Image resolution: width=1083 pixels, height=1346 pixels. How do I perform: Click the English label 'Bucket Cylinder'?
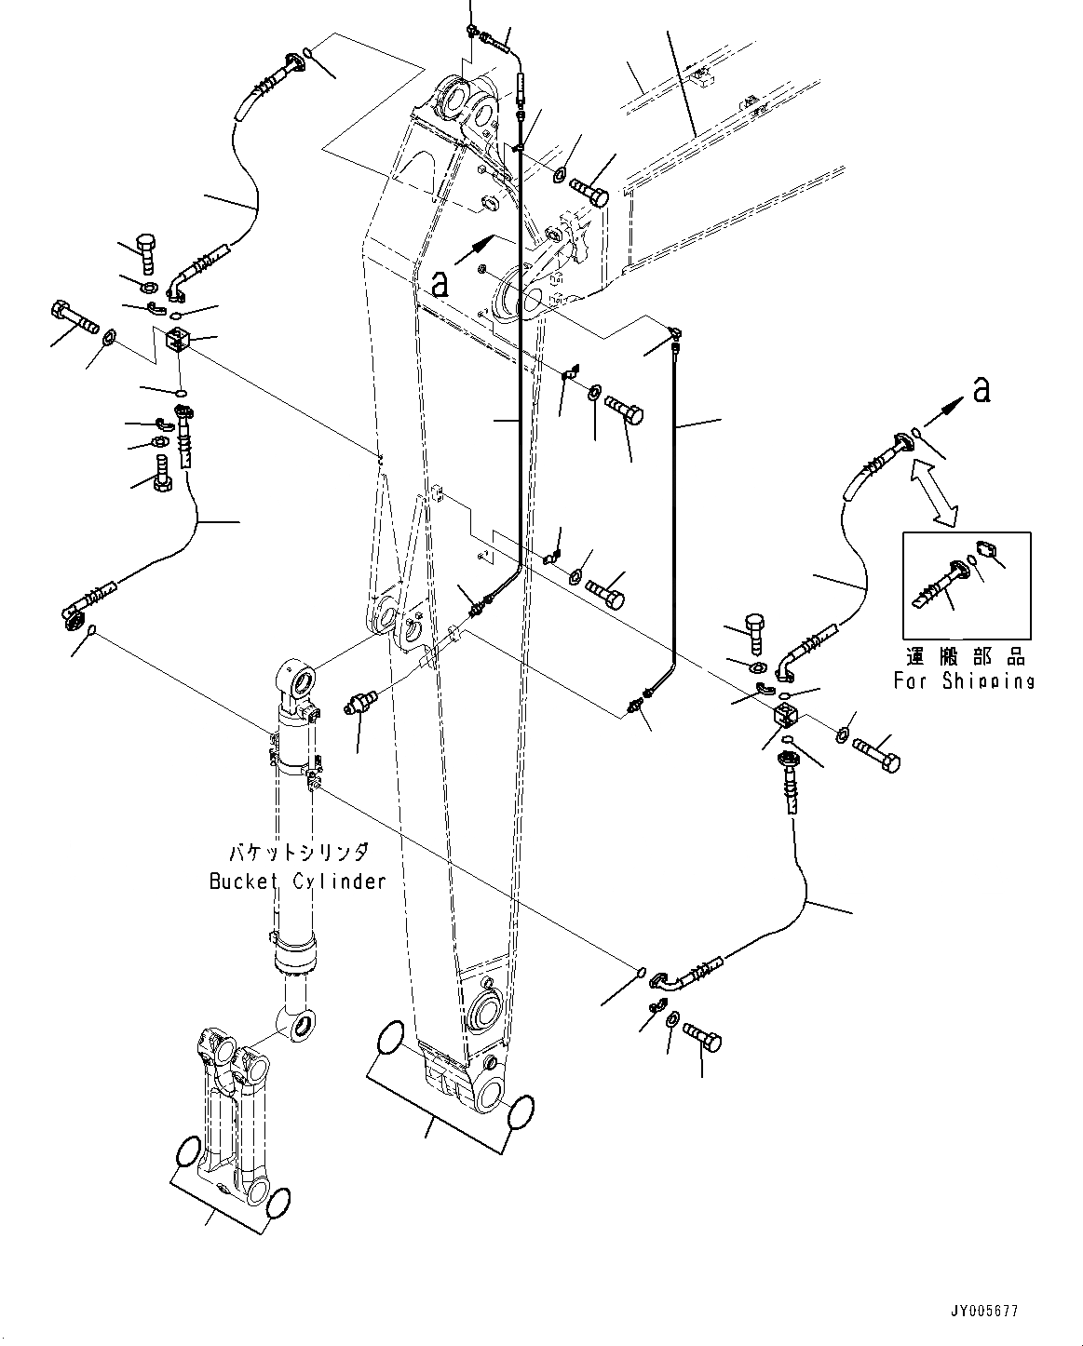[x=297, y=881]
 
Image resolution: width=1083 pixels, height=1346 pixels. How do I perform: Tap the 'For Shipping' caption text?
[x=964, y=680]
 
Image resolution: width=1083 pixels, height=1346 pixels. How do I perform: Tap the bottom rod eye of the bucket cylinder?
[x=299, y=1027]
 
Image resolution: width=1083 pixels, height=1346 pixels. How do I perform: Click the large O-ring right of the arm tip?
[x=520, y=1111]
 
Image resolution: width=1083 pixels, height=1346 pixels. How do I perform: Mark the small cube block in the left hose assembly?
[x=177, y=341]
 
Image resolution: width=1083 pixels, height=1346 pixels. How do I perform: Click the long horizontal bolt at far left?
[x=74, y=316]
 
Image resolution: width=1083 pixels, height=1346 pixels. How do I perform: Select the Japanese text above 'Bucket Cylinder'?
[x=299, y=853]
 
